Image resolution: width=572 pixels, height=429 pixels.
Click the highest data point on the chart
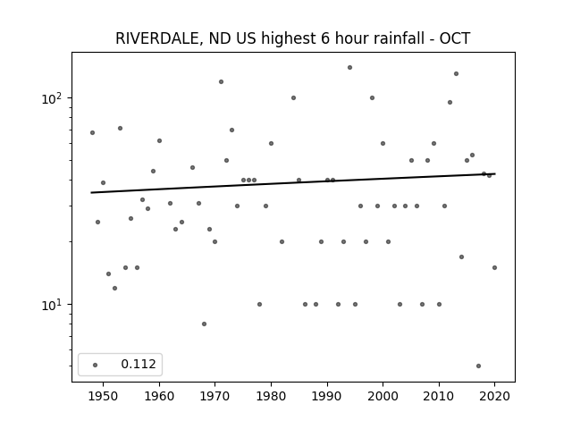point(349,68)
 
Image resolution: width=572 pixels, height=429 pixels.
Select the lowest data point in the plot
point(479,366)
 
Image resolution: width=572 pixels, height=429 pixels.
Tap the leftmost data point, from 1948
point(92,133)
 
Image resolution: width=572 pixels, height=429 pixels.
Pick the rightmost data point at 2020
point(494,268)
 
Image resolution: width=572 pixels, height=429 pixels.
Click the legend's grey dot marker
point(96,365)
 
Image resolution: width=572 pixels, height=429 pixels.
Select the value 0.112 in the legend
point(139,364)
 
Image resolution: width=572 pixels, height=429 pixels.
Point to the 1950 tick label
point(104,396)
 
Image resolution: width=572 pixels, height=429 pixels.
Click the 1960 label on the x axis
point(159,396)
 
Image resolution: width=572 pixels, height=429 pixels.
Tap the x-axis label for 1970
point(214,396)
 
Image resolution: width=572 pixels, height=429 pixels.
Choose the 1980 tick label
point(271,396)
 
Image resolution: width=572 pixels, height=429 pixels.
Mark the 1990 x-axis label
point(327,396)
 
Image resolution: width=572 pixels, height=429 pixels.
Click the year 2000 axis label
point(383,396)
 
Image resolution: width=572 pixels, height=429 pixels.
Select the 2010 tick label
point(439,396)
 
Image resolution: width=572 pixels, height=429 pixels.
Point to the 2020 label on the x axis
point(494,396)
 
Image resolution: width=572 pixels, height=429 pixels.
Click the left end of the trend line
point(91,193)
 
